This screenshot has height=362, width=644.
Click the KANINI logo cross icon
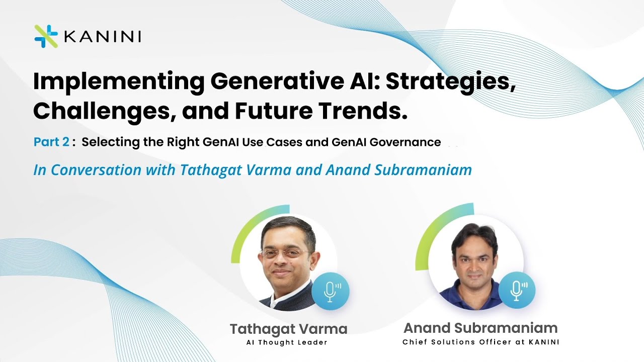(46, 36)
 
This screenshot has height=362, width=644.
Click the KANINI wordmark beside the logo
(103, 37)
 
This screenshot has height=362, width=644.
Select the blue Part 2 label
(51, 142)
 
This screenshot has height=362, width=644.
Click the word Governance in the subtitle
(405, 142)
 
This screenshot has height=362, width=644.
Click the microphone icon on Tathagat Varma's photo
(330, 291)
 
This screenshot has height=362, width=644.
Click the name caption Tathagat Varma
(288, 329)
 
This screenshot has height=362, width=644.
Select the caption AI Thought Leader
(287, 342)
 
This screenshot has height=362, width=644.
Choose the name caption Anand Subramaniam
(480, 328)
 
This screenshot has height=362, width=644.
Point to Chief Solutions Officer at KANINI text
(480, 342)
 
